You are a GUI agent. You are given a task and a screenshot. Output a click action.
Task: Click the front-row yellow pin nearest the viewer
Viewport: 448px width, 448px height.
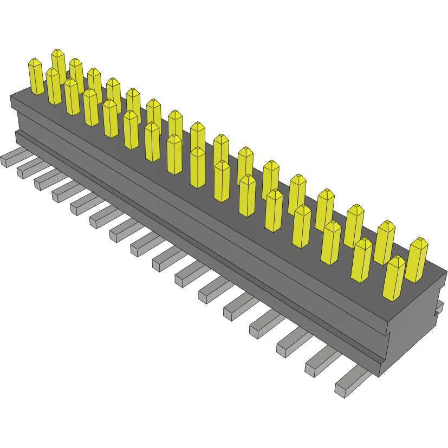pos(394,279)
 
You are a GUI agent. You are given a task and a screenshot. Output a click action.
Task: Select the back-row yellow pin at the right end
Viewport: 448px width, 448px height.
pos(417,261)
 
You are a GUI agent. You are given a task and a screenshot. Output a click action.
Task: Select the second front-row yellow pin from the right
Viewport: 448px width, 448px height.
pos(362,261)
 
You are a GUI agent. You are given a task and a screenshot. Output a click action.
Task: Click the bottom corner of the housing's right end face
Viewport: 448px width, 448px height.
pos(379,375)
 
